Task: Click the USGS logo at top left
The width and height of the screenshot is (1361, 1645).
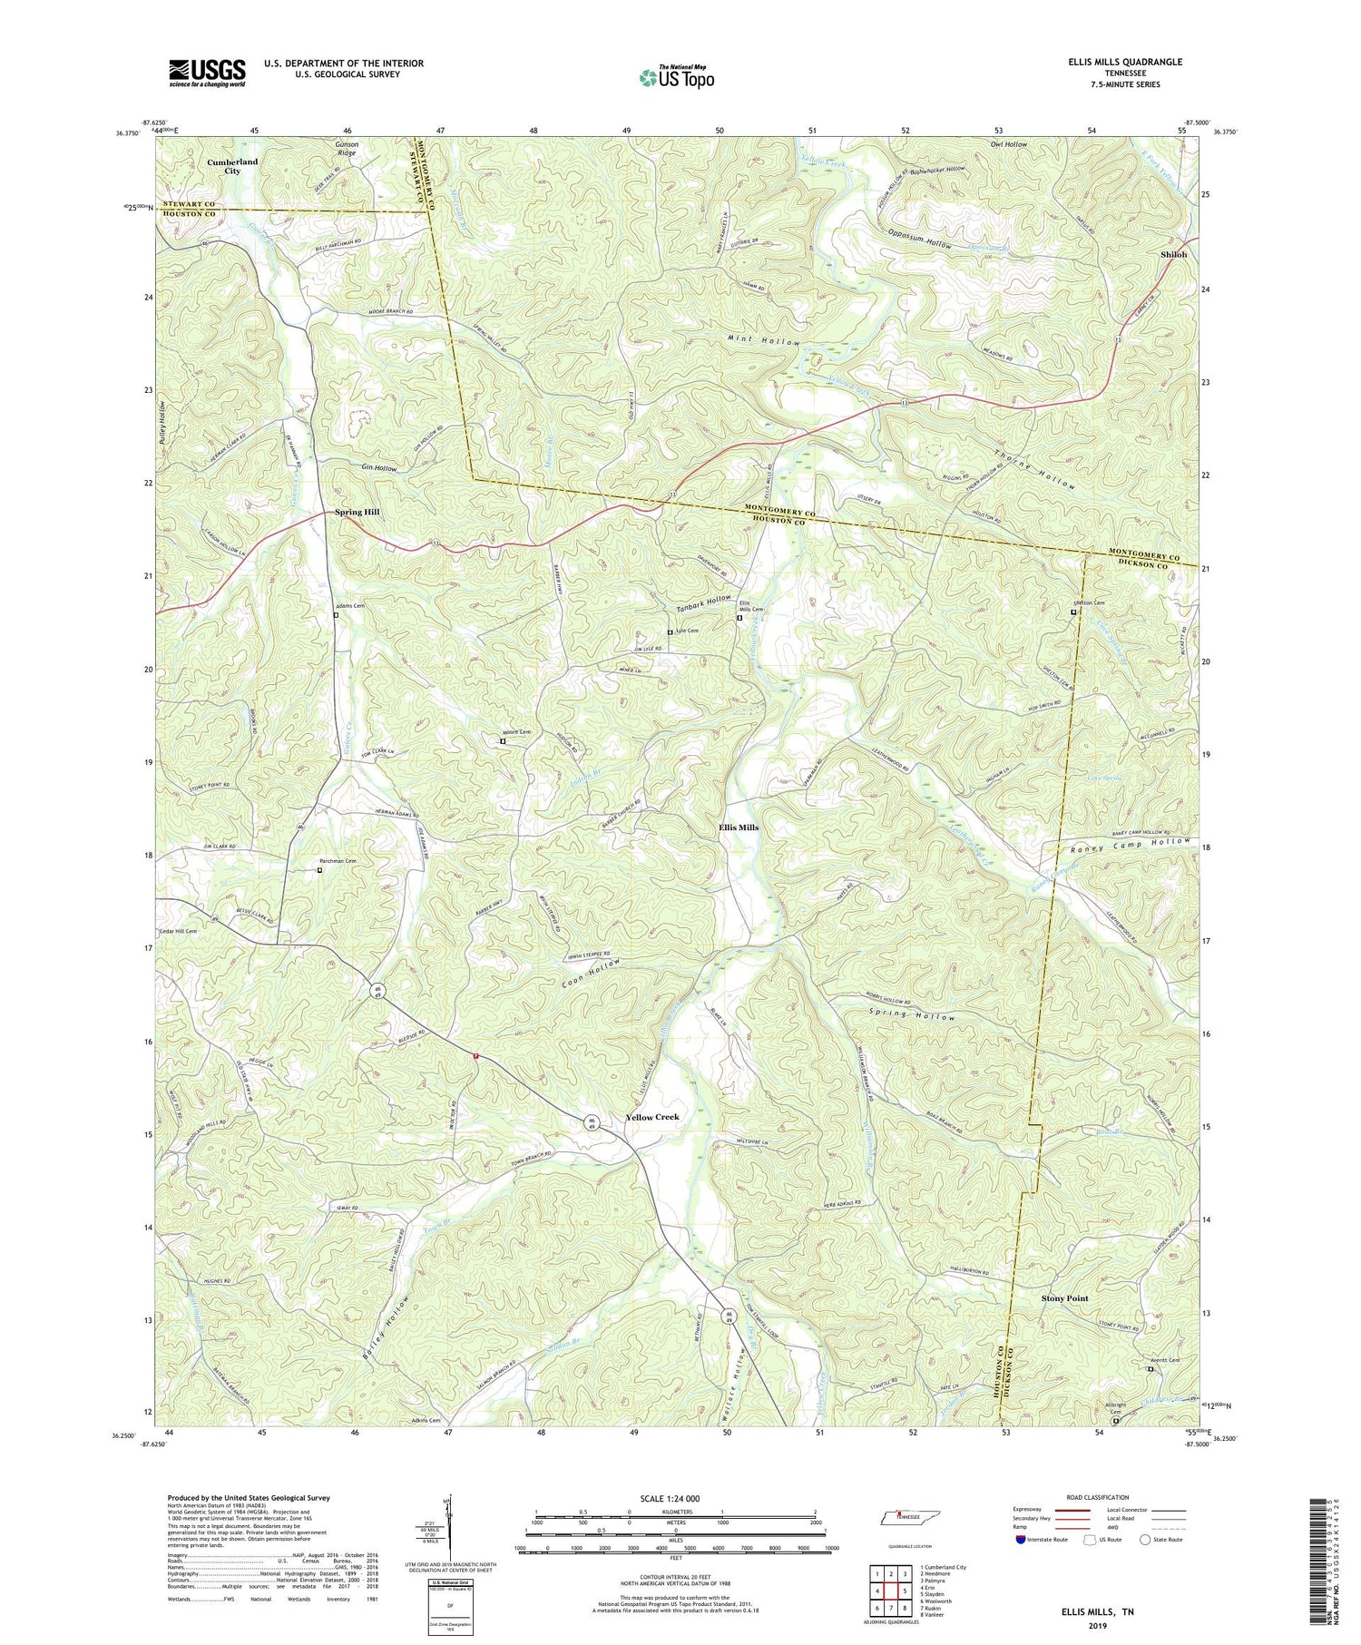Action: point(207,73)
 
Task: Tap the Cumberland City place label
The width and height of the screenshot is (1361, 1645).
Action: point(232,166)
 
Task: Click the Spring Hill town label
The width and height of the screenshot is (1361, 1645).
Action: point(357,512)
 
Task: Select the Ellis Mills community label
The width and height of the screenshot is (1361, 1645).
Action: point(738,827)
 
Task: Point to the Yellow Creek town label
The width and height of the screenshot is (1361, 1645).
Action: point(651,1117)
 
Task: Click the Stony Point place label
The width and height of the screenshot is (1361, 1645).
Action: point(1064,1298)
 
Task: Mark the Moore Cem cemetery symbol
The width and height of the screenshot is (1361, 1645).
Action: point(503,741)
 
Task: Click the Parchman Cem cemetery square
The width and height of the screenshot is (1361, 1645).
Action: point(319,870)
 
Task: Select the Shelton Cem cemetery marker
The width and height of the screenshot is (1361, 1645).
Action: point(1073,612)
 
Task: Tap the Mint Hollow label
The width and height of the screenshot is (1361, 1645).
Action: point(763,343)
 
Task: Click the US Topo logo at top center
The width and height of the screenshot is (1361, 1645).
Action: point(676,77)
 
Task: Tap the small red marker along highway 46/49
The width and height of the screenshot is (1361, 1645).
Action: point(475,1054)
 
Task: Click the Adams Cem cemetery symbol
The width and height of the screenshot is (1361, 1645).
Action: point(336,615)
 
